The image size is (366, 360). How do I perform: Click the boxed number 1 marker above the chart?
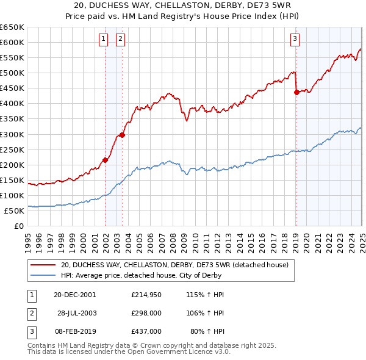point(103,40)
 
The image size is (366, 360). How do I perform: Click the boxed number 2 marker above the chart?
point(120,40)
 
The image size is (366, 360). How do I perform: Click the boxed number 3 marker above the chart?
point(295,40)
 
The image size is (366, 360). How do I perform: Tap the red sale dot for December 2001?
point(106,160)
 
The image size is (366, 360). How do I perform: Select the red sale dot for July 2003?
point(123,135)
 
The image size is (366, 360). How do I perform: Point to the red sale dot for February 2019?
point(296,92)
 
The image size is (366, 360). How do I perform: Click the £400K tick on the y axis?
point(12,103)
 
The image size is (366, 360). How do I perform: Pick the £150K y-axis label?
point(12,180)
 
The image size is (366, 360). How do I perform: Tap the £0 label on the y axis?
point(19,226)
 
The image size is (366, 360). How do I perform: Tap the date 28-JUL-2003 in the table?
point(77,313)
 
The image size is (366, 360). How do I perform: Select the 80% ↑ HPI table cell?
point(208,331)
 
